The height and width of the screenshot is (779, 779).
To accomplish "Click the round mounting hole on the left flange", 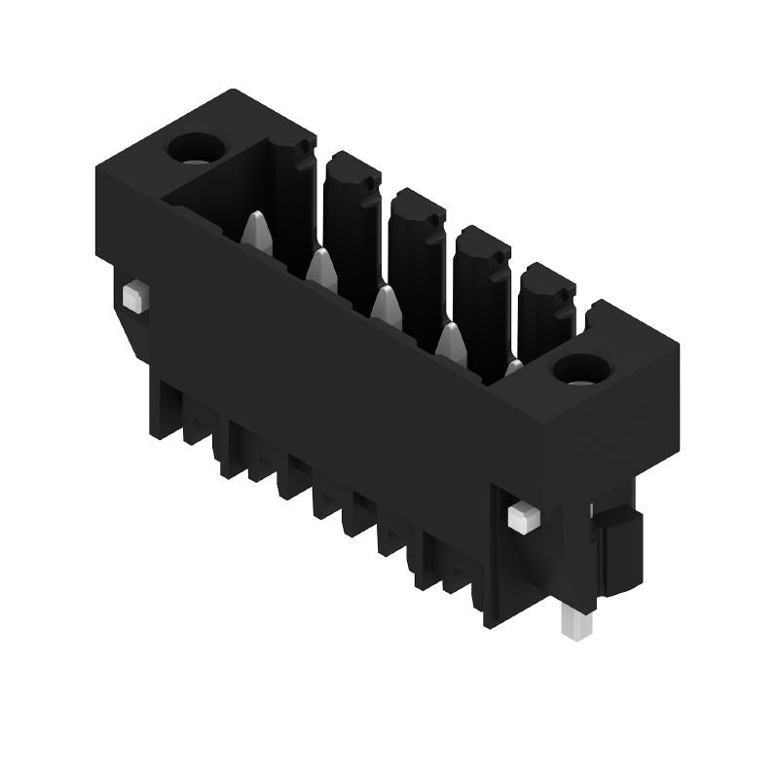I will coord(197,149).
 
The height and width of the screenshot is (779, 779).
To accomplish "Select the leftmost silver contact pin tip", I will coord(256,232).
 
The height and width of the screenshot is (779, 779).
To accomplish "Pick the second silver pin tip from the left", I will coord(321,269).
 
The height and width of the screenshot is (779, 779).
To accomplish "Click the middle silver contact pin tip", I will coord(387,305).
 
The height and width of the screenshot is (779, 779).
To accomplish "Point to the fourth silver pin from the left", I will coord(450,342).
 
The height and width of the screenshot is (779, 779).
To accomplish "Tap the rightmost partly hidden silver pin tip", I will coord(513,368).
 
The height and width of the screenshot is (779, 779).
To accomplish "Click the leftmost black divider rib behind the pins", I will coord(292,195).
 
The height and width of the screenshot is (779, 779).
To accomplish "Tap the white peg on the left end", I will coord(135,294).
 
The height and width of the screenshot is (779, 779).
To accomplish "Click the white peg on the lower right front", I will coord(523,516).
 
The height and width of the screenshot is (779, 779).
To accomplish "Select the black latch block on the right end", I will coord(619,550).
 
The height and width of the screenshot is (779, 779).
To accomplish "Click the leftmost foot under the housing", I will coord(161,409).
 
